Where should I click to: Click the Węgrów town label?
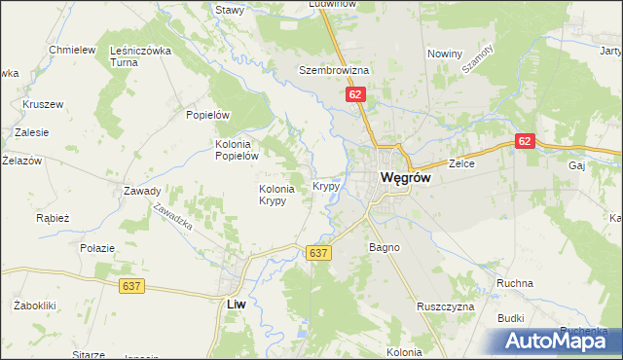(405, 179)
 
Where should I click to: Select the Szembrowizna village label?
(333, 71)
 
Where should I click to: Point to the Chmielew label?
(72, 50)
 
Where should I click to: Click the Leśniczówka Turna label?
(141, 56)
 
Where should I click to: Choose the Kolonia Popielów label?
(236, 148)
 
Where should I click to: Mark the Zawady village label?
(142, 191)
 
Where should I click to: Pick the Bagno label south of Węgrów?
(384, 248)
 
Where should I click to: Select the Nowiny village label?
(444, 54)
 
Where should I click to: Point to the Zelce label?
(460, 164)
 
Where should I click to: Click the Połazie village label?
(99, 248)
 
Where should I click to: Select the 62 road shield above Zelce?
(525, 141)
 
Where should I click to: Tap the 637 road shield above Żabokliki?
(134, 286)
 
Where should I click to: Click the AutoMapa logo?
(562, 341)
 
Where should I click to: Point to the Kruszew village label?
(43, 103)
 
